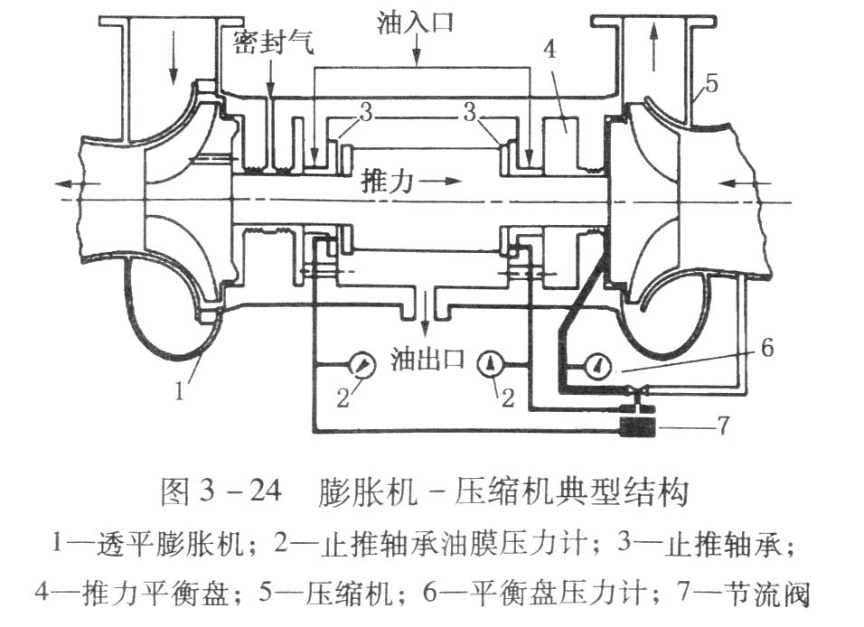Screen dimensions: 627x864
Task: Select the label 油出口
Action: tap(427, 359)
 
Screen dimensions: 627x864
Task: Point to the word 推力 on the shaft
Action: tap(387, 181)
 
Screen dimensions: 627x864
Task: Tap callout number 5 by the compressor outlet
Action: tap(711, 84)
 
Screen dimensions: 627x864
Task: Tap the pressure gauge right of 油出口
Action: tap(492, 364)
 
